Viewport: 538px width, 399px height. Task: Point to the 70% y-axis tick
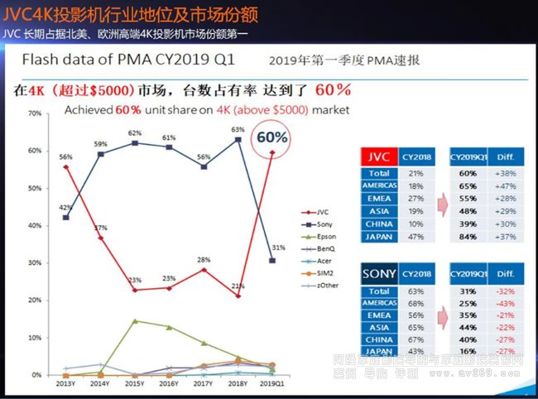click(35, 113)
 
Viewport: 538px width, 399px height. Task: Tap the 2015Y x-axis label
click(134, 384)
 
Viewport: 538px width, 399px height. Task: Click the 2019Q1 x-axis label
click(273, 384)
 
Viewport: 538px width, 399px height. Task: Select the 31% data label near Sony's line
click(279, 248)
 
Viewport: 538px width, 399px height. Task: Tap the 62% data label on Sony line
click(135, 132)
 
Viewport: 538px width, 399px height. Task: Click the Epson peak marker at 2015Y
click(134, 321)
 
